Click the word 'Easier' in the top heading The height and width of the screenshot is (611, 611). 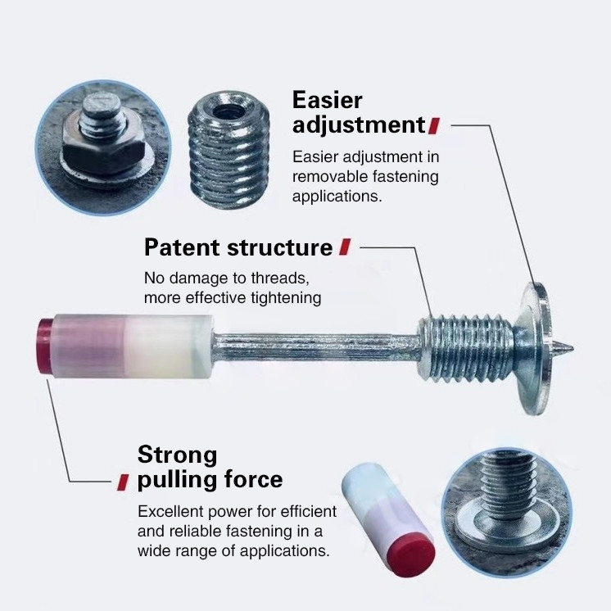[x=327, y=100]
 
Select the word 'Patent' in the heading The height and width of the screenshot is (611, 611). [x=182, y=247]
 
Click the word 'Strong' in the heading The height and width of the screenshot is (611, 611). [x=177, y=455]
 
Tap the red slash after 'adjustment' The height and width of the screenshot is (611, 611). [x=434, y=125]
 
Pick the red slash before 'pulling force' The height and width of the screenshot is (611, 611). [x=123, y=480]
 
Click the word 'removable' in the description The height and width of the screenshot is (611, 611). [x=328, y=176]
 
